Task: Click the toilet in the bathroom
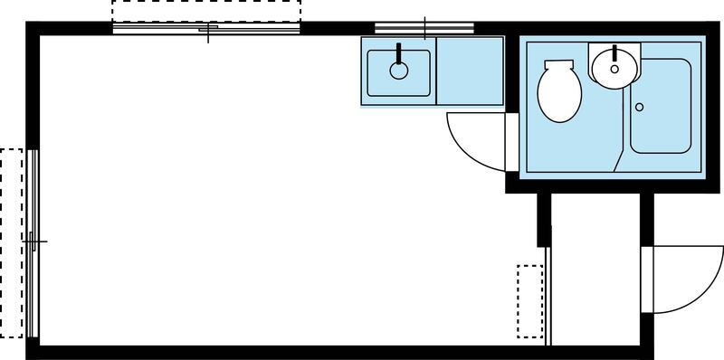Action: (559, 94)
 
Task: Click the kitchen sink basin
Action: (398, 72)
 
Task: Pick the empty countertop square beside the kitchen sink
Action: (469, 71)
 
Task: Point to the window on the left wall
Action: (33, 242)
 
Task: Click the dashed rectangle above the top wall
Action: (206, 13)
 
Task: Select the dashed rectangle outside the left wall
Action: (11, 242)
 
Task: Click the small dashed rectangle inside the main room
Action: (529, 298)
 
